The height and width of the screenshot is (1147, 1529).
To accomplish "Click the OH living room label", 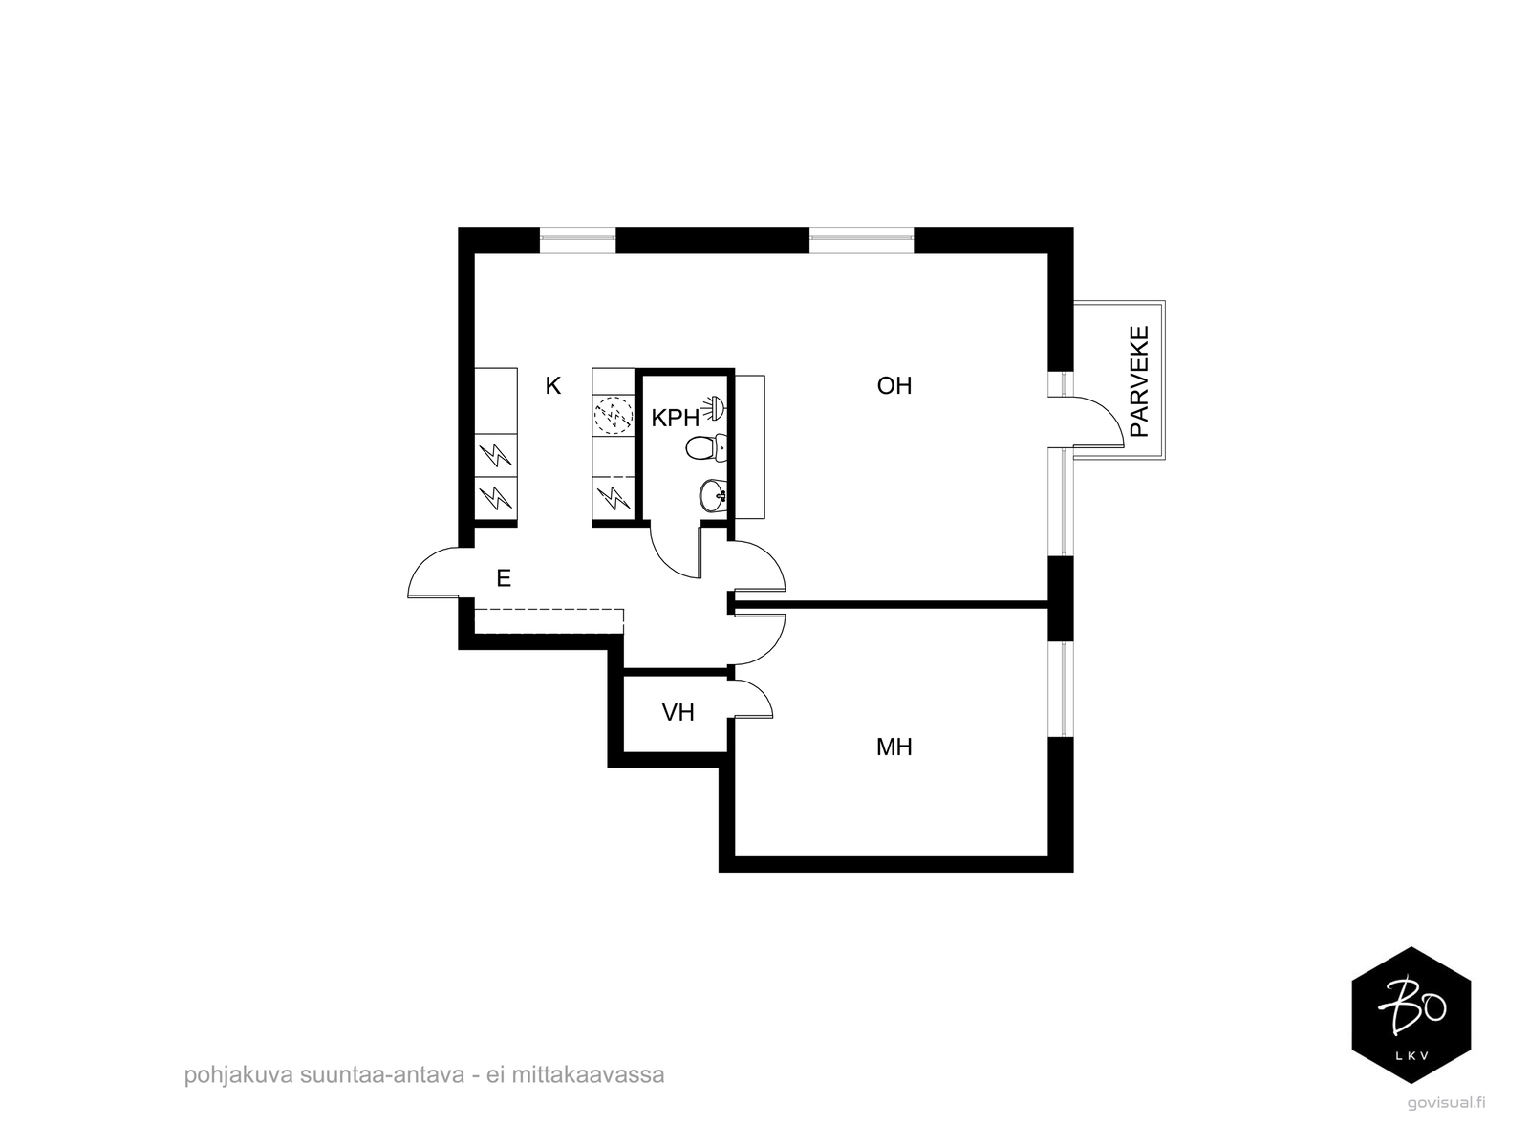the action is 894,385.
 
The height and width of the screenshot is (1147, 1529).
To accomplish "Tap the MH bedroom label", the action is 894,747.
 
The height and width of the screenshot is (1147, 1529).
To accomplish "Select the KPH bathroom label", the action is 675,418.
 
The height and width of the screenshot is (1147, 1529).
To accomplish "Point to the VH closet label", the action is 678,712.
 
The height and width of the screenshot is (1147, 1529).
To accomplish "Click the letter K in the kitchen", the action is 553,385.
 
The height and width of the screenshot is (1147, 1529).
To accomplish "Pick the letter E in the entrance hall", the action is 504,577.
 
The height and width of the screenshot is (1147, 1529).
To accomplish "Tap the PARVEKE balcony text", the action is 1139,381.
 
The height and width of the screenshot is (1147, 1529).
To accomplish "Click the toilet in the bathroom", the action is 705,447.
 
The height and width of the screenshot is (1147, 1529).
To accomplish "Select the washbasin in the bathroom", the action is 713,495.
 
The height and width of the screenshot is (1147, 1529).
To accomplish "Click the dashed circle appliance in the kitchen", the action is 614,416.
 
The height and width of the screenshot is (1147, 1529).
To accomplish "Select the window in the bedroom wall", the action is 1061,689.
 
